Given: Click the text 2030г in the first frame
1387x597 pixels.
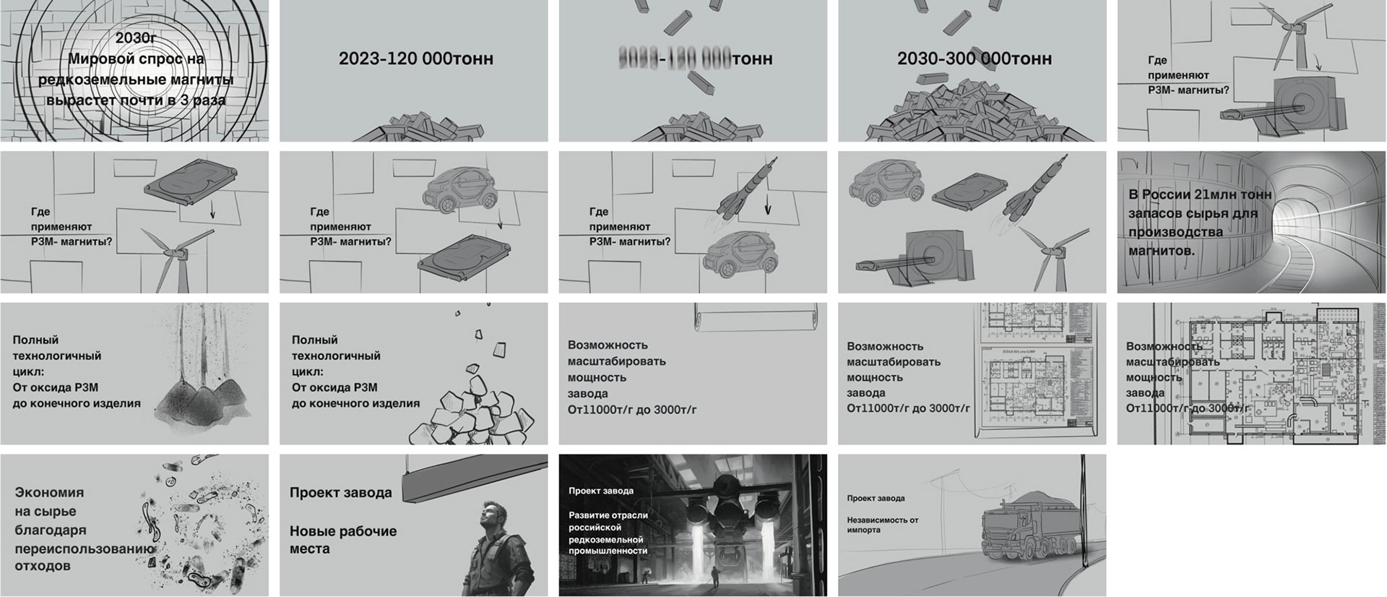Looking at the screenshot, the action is pos(136,38).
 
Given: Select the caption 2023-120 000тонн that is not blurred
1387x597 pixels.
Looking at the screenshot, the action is pos(415,59).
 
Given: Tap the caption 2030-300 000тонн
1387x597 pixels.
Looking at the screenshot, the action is pos(974,59).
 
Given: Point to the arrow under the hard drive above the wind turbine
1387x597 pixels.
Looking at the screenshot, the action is pos(212,210).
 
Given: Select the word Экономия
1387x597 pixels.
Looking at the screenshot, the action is pos(49,492).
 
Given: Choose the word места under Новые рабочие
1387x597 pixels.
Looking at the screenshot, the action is pos(309,549).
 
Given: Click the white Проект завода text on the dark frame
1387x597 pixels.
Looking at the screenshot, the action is pos(600,491).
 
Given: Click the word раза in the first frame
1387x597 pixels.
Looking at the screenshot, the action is pos(209,100).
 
